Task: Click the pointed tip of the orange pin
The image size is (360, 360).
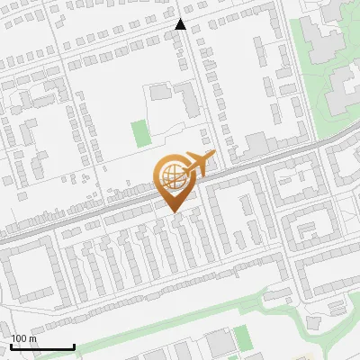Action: (175, 211)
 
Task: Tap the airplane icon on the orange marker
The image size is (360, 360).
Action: (198, 165)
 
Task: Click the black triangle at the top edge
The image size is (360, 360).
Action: (181, 24)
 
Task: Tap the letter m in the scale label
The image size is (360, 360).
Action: (33, 338)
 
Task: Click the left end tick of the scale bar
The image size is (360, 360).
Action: (10, 346)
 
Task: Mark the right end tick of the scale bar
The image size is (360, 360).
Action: (74, 346)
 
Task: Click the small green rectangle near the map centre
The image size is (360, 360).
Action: (139, 134)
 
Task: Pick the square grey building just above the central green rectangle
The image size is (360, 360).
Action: (160, 92)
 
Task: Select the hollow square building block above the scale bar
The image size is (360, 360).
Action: (27, 271)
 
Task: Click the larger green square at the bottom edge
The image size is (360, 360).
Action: (242, 339)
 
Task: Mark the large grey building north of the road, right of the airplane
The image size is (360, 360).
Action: (256, 143)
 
